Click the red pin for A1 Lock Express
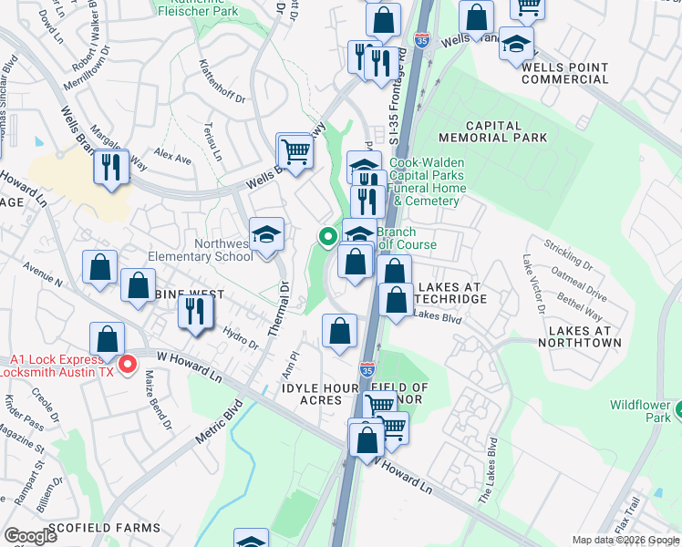(x=129, y=366)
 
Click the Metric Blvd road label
(x=219, y=421)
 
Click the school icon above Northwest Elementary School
(x=267, y=235)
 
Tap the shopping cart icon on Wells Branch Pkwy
(x=295, y=151)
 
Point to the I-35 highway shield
(x=367, y=369)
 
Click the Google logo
(x=31, y=535)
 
